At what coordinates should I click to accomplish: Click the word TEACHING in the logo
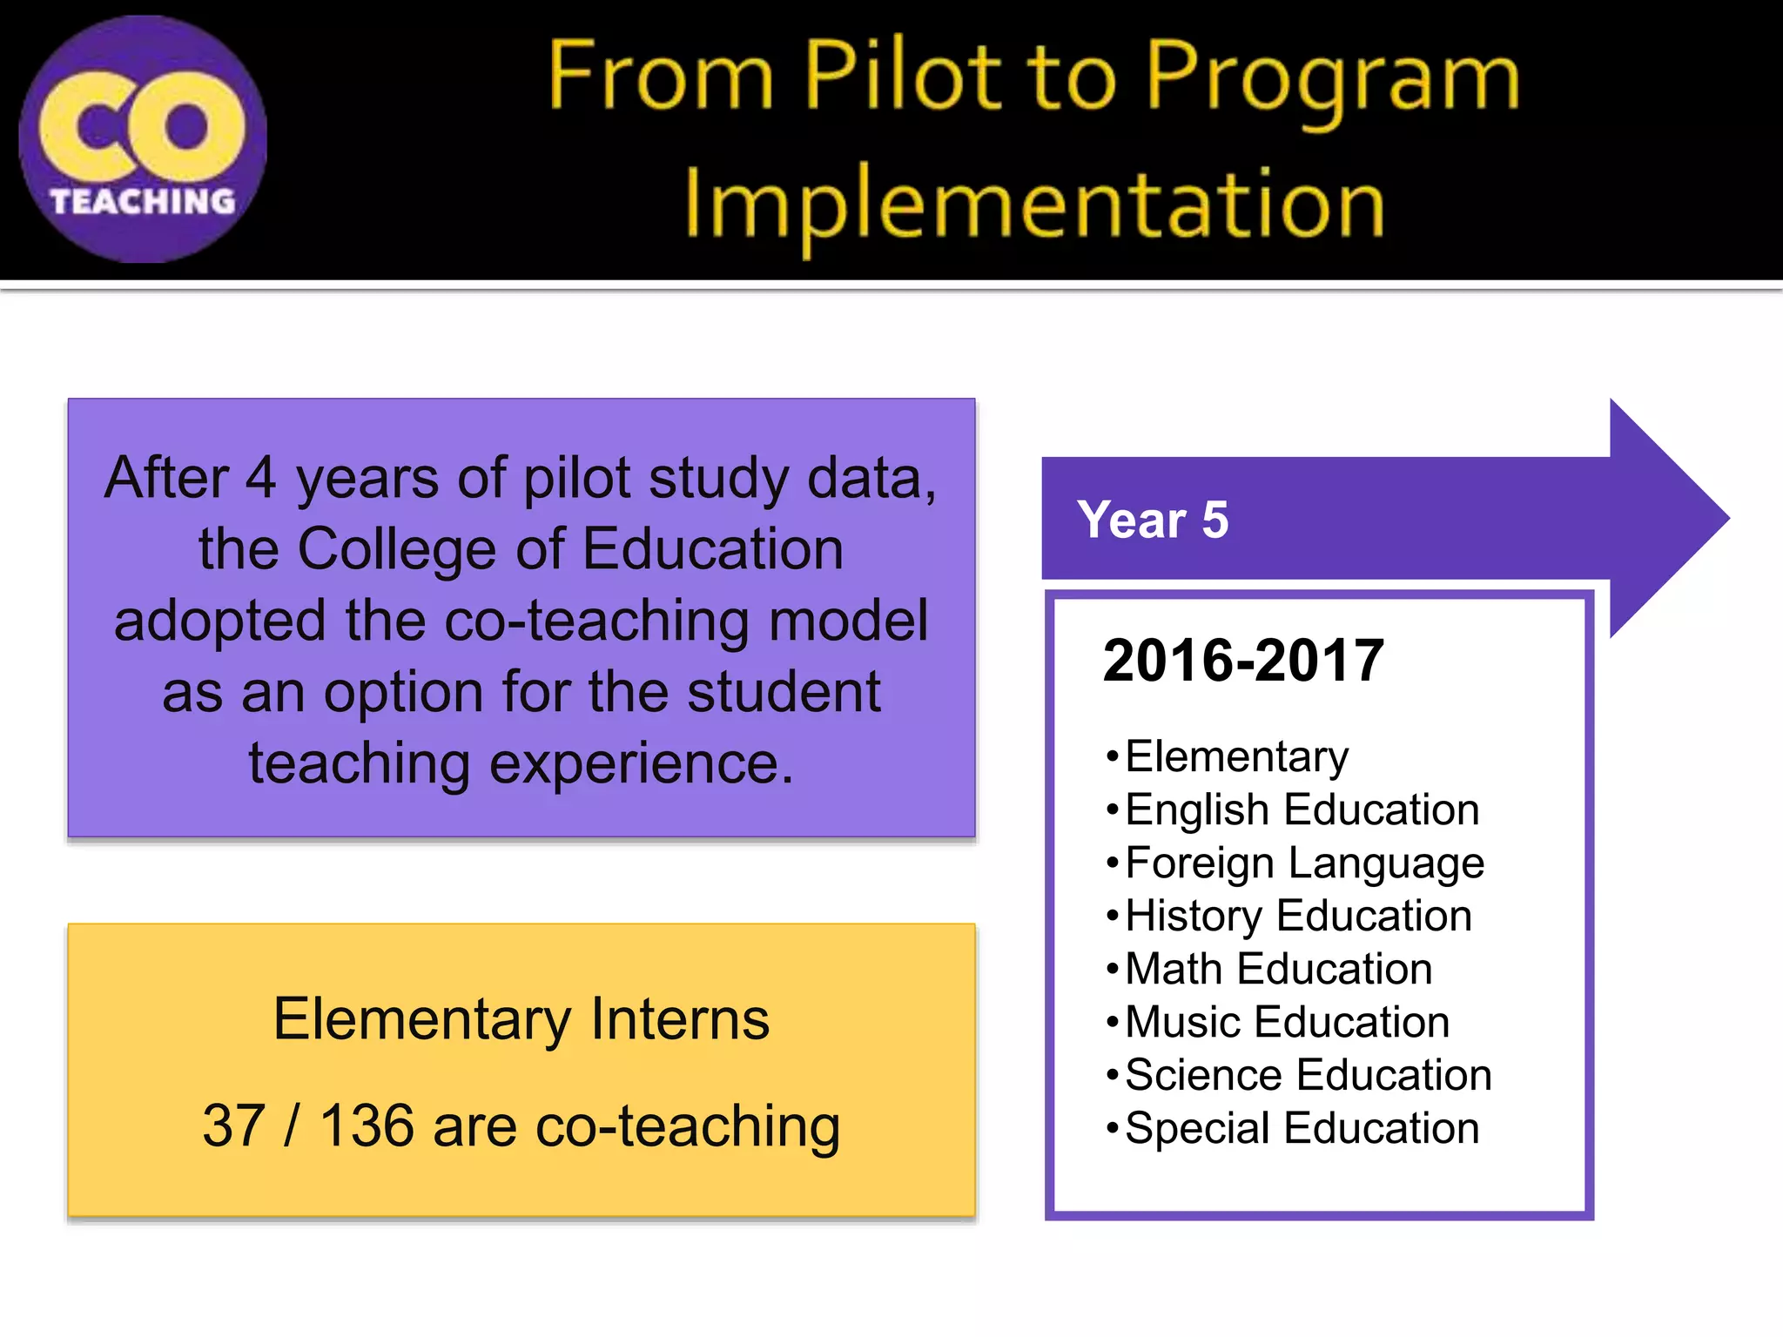(143, 202)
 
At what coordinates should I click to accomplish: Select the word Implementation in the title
(1034, 205)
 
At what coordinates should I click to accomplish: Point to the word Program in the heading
(1332, 80)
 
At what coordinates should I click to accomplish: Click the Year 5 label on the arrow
(1152, 520)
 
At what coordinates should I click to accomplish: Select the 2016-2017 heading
(1243, 661)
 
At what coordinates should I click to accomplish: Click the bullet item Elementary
(1236, 756)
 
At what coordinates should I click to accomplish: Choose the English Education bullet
(1302, 810)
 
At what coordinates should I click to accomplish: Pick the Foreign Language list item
(1304, 863)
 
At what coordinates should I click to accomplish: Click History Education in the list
(1298, 917)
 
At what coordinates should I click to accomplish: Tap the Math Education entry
(1278, 969)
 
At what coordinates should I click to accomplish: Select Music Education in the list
(1287, 1022)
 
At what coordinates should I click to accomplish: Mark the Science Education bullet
(1308, 1075)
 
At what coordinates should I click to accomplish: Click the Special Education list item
(1302, 1128)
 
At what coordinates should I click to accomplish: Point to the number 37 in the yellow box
(233, 1126)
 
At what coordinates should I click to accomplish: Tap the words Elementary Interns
(521, 1019)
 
